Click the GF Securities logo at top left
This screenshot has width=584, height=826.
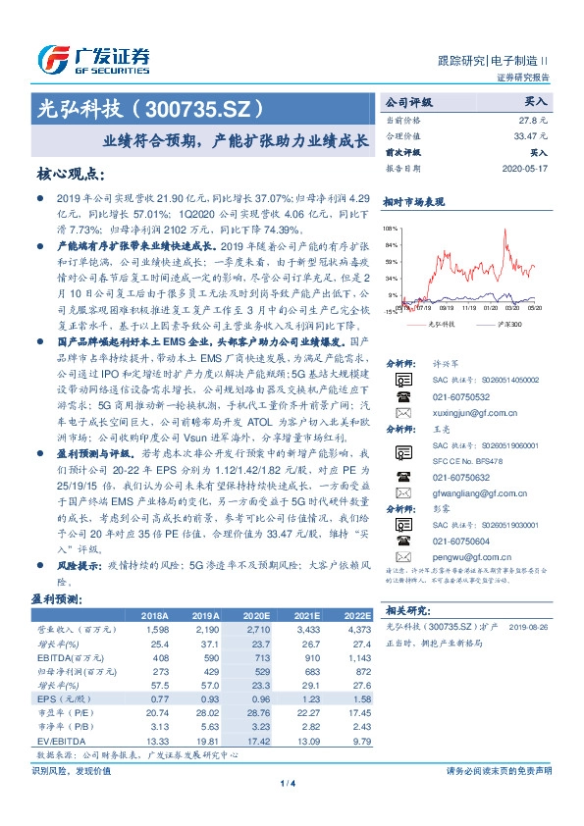click(92, 61)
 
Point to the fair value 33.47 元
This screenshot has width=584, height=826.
click(529, 136)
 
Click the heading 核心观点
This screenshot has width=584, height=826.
click(71, 175)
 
